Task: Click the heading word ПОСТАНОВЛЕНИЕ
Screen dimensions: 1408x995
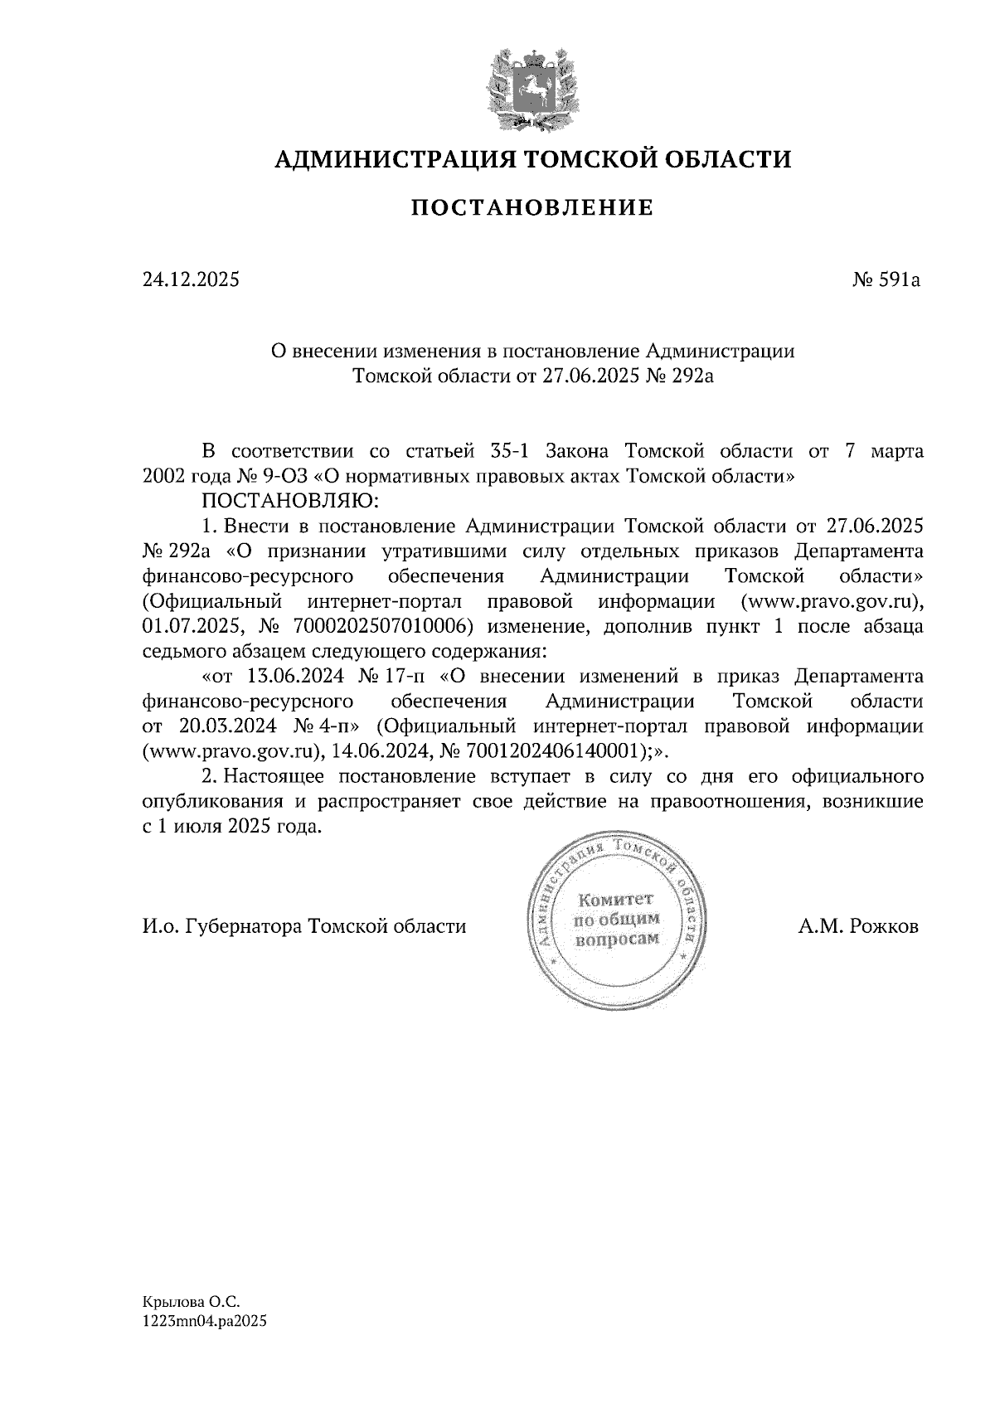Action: [531, 207]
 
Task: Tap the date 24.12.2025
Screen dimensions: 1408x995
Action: [190, 280]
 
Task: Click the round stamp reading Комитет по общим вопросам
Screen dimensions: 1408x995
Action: [615, 920]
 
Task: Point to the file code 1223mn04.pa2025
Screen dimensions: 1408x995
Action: [205, 1323]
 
